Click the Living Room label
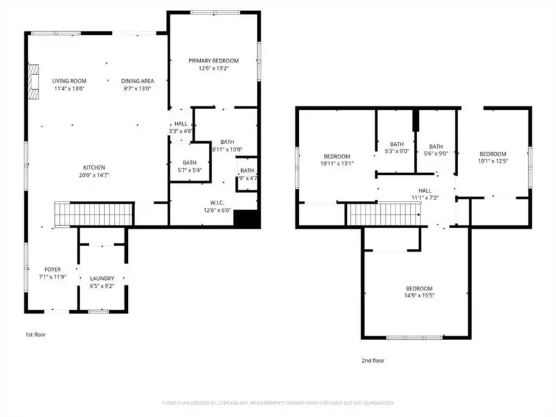pos(69,81)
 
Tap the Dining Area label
pos(137,81)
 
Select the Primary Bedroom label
pos(213,61)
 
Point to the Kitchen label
pos(95,168)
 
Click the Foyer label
pos(53,269)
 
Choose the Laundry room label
pos(102,278)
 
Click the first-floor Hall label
pos(181,123)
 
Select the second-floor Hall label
pos(425,190)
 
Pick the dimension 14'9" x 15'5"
pos(419,295)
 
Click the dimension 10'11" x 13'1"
pos(336,164)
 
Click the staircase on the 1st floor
pos(94,213)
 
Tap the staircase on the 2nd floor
pos(384,215)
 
